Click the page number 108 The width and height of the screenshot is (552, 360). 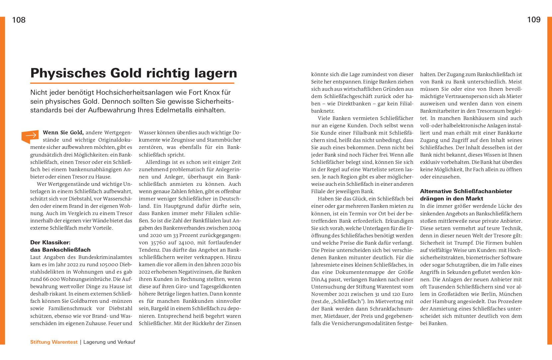click(x=19, y=20)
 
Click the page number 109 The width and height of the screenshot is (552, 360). click(x=534, y=20)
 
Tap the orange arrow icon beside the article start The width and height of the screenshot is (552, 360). click(x=30, y=136)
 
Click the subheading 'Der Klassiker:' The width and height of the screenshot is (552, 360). click(x=50, y=243)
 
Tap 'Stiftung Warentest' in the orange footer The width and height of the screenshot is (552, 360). click(x=54, y=342)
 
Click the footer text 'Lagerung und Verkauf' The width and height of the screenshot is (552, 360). click(x=109, y=342)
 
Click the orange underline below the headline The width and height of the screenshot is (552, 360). click(x=132, y=83)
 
